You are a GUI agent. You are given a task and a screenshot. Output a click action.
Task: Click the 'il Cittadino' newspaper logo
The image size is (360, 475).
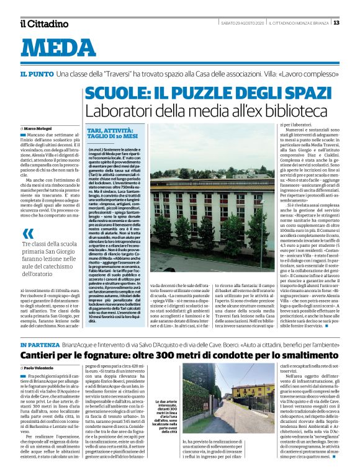pyautogui.click(x=43, y=24)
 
